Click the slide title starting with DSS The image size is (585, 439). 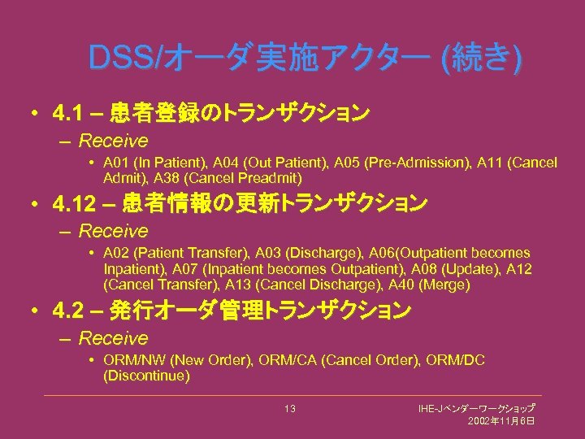pos(305,59)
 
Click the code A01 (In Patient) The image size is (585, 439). pos(158,163)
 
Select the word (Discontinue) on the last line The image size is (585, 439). pos(147,376)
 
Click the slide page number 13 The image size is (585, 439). pos(290,408)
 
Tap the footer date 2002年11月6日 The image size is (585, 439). pos(500,421)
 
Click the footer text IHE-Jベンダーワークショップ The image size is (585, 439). pos(476,407)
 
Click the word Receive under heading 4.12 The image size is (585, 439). pos(114,231)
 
